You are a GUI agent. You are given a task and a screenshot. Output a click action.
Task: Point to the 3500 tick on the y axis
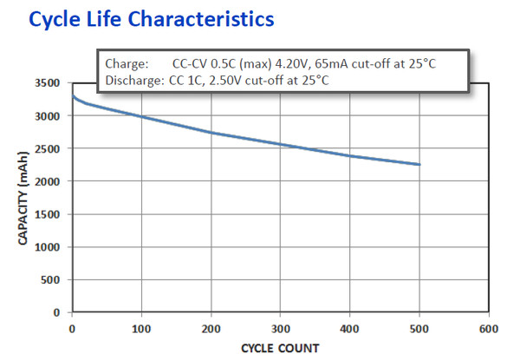pos(47,83)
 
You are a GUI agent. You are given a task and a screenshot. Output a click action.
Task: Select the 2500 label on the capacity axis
pos(47,148)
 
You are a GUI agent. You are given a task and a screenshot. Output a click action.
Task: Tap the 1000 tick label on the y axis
pos(47,247)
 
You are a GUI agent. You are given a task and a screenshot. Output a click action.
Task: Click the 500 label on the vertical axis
pos(50,279)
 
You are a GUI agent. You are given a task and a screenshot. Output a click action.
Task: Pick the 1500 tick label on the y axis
pos(47,214)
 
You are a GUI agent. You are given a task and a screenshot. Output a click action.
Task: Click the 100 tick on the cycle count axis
pos(140,329)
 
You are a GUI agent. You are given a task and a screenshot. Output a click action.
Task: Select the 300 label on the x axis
pos(280,329)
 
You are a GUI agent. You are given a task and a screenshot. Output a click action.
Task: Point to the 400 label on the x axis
pos(350,329)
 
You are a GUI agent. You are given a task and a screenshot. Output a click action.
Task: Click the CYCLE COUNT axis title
pos(280,348)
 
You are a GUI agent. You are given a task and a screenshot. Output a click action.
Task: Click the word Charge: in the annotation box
pos(127,64)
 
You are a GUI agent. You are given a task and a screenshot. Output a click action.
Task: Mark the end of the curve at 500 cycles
pos(420,164)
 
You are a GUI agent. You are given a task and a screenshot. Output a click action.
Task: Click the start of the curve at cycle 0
pos(72,95)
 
